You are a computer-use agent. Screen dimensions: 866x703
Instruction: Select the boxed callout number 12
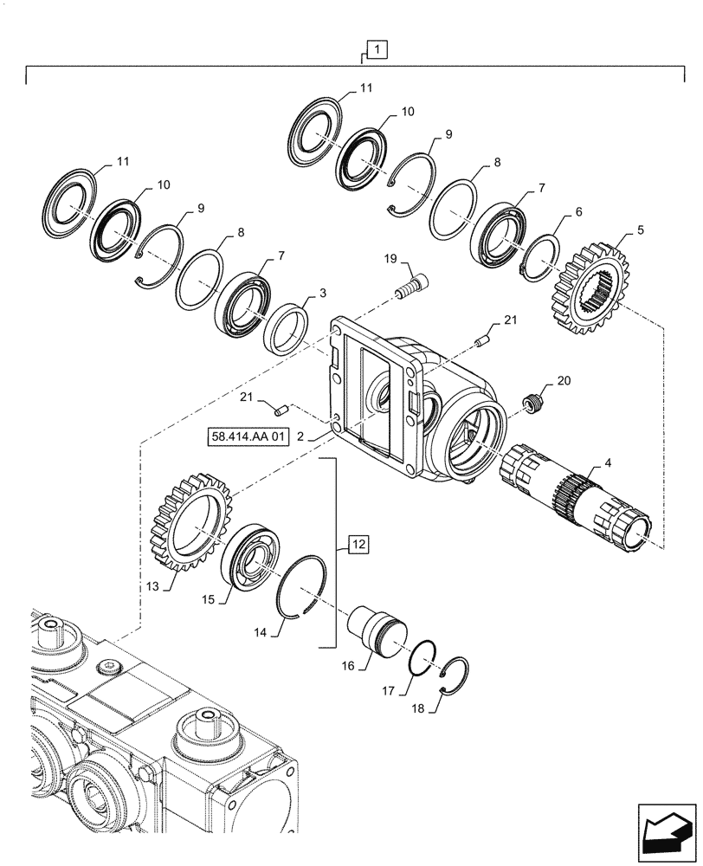point(359,544)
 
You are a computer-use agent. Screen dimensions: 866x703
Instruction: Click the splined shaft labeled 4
point(576,495)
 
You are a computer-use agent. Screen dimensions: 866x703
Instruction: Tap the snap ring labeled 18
point(455,675)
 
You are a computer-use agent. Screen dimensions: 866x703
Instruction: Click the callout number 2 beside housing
point(300,438)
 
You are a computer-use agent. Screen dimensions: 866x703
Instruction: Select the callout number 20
point(564,380)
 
